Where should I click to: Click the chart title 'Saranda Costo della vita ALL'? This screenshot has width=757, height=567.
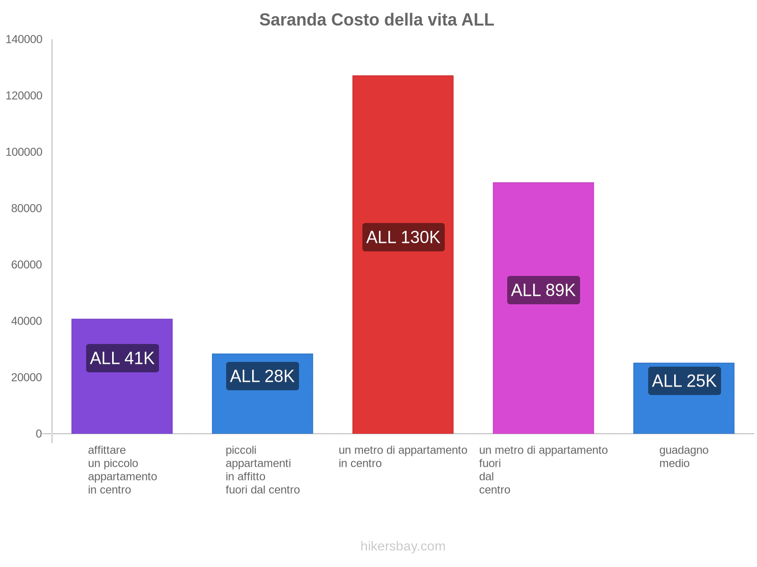[377, 20]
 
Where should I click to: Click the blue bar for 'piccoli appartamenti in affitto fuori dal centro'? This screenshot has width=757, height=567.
[263, 411]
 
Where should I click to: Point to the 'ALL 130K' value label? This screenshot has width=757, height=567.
[403, 237]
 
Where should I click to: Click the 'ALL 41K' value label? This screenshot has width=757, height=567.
[122, 358]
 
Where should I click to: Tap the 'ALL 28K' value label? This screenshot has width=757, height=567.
[263, 376]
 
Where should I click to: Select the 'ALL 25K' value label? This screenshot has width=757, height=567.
[684, 381]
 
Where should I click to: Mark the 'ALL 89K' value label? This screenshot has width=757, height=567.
[543, 290]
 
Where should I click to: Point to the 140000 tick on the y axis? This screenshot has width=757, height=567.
[24, 40]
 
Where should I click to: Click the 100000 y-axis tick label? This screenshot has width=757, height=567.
[24, 152]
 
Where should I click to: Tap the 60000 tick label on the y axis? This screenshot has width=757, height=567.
[27, 265]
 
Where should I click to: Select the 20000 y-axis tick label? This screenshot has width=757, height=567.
[27, 378]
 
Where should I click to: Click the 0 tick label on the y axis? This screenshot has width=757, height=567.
[39, 434]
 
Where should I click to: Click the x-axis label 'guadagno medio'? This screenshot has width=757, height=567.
[684, 456]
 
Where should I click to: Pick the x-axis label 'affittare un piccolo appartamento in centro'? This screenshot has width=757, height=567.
[122, 470]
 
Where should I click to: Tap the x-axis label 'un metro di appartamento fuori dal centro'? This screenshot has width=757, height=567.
[543, 470]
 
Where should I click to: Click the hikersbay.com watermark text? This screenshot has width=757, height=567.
[403, 546]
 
